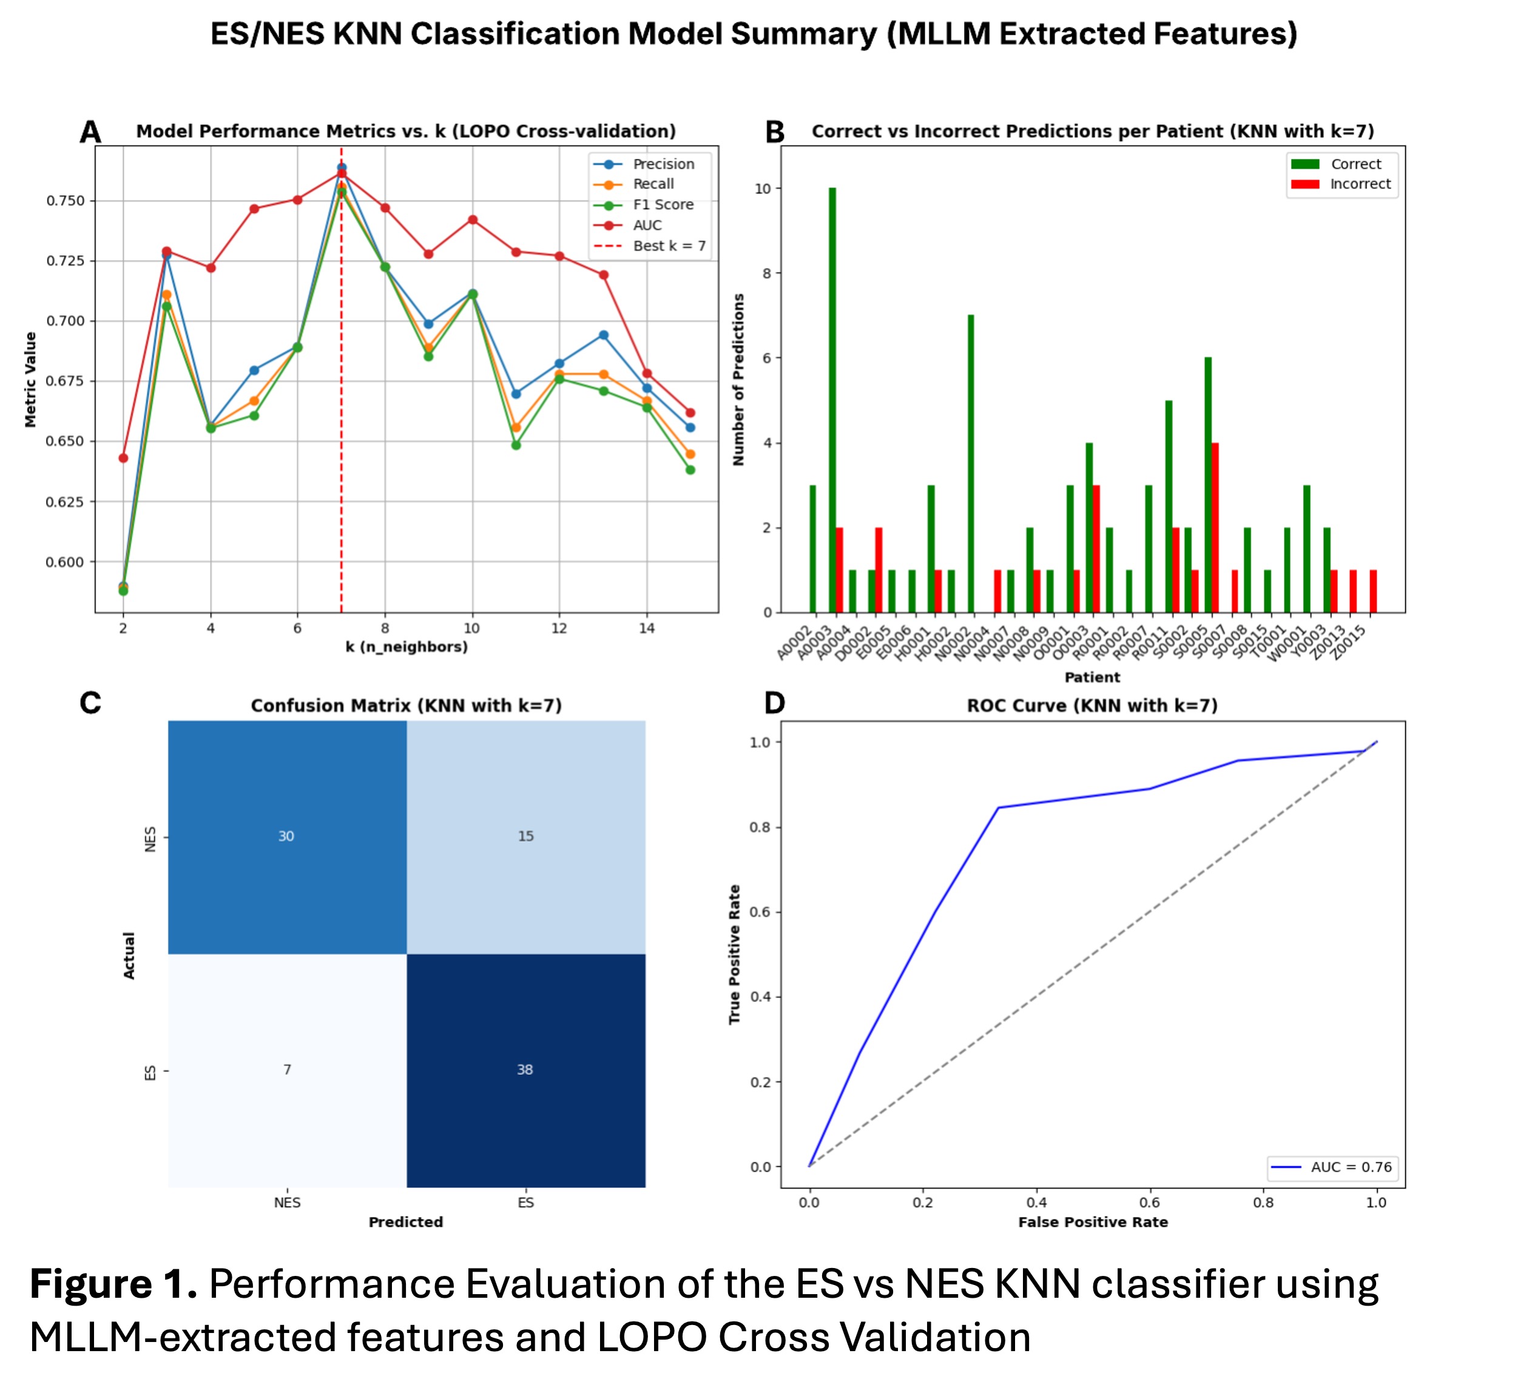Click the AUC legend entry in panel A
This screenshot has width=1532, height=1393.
pos(647,225)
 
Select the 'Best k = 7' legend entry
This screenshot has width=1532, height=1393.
pos(668,246)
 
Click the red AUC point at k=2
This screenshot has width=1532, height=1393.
pos(123,458)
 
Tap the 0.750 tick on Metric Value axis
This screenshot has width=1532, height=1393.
pos(66,201)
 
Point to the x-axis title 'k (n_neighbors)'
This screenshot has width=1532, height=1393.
pos(407,647)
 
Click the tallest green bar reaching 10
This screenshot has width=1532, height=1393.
pos(832,400)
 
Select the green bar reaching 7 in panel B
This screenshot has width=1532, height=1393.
pos(970,464)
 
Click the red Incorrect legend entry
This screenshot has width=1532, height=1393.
pos(1360,184)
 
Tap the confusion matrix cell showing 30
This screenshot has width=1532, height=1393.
pos(286,836)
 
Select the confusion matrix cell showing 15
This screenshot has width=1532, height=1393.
pos(526,836)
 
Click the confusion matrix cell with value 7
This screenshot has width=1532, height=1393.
pos(286,1069)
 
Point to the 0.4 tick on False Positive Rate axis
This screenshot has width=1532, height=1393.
pos(1036,1202)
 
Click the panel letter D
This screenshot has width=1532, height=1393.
pos(774,703)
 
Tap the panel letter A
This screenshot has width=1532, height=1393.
pos(90,132)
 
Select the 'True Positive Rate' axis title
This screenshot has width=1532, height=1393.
pos(734,954)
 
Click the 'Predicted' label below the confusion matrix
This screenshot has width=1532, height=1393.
pos(406,1222)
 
